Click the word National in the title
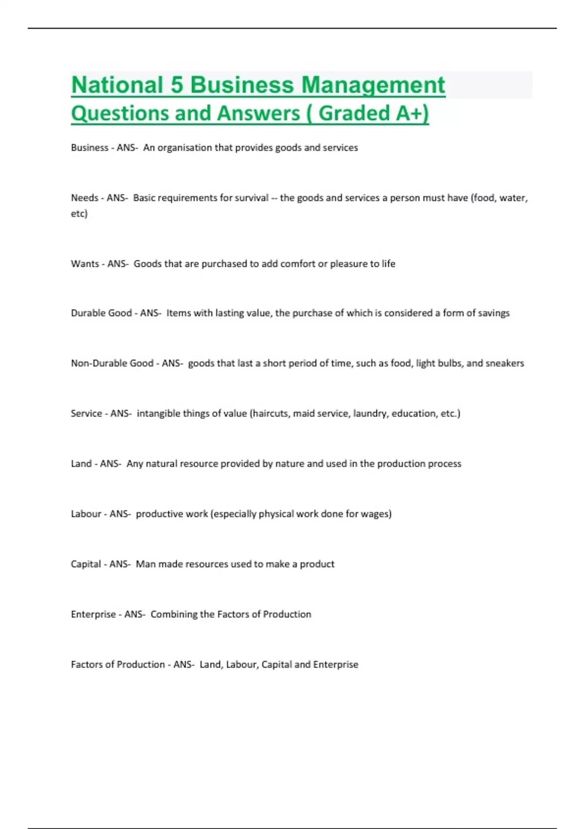coord(117,85)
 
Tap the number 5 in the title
coord(176,85)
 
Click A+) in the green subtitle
coord(412,113)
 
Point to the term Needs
coord(85,198)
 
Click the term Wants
coord(85,264)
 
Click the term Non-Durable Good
coord(112,363)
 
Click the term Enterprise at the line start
coord(93,614)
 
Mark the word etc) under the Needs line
coord(79,214)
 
